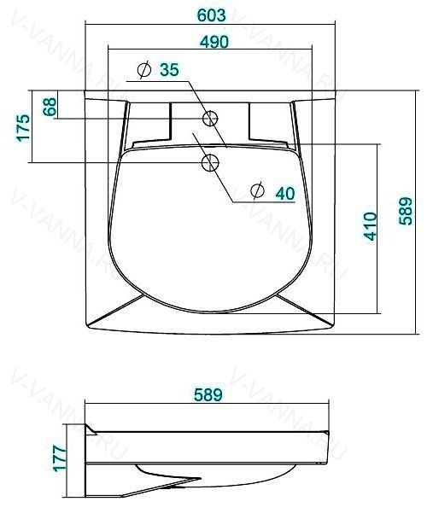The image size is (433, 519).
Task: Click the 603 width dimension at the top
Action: [x=212, y=15]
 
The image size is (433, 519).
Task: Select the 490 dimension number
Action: [x=214, y=42]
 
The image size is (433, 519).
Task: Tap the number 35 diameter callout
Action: [x=169, y=69]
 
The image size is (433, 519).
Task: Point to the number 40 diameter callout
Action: [x=285, y=193]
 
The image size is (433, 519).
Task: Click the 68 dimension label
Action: [x=50, y=107]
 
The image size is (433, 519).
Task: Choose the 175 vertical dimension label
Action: [x=23, y=128]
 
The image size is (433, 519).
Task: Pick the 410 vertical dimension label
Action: [x=370, y=226]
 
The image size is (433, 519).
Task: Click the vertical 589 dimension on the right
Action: [x=405, y=211]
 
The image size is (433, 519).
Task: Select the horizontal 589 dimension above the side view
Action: [x=208, y=394]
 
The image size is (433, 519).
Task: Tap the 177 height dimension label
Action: [x=60, y=458]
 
